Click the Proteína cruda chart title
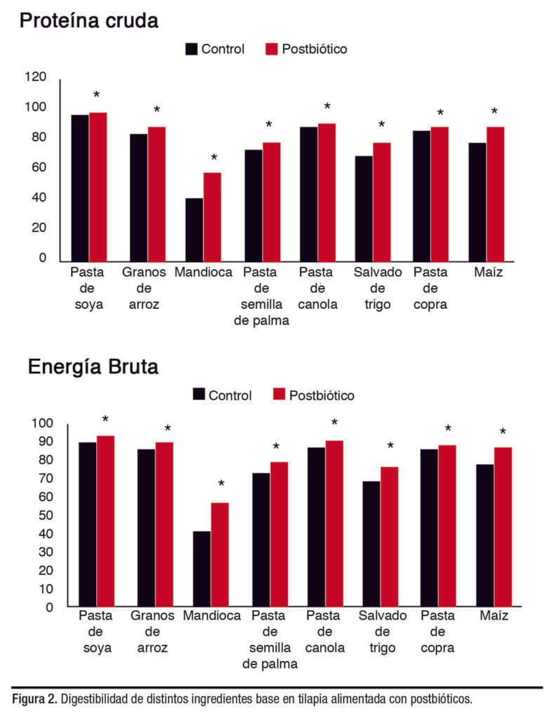tap(88, 20)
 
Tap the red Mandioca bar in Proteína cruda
tap(212, 217)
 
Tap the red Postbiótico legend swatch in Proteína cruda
tap(272, 49)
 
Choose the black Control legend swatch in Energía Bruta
tap(199, 395)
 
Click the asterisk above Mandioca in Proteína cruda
tap(214, 159)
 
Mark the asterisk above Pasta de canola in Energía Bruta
tap(334, 423)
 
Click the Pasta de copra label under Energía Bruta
tap(438, 631)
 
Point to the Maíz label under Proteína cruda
tap(488, 272)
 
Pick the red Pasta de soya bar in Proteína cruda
tap(98, 186)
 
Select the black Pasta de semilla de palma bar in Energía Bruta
tap(261, 539)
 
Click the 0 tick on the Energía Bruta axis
tap(49, 607)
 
